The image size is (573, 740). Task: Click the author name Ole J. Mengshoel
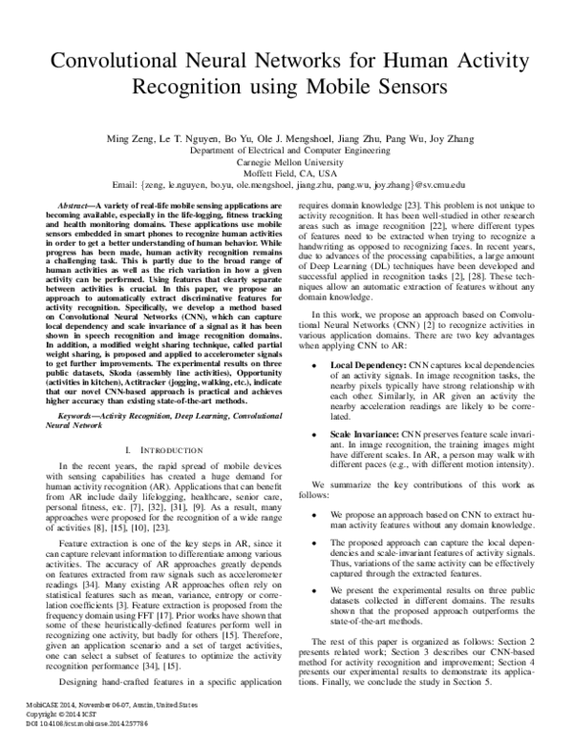click(291, 139)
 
